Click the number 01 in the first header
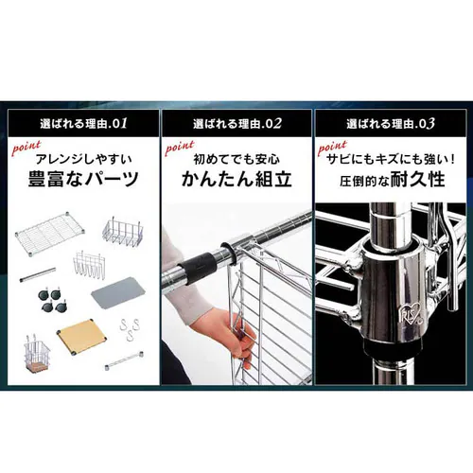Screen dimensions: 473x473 point(120,124)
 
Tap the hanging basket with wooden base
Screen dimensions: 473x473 point(35,346)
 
